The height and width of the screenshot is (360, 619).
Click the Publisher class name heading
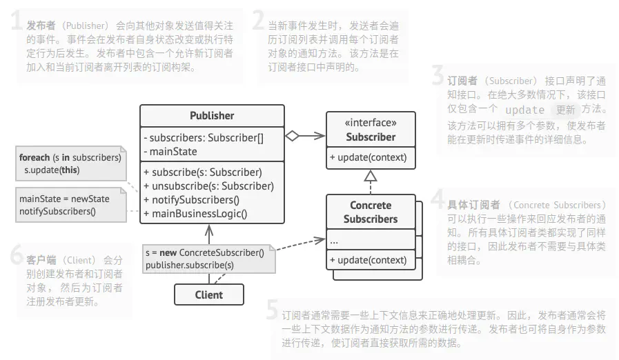pos(212,116)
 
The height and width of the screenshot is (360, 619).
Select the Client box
pos(208,294)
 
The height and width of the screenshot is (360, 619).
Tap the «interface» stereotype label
pos(371,123)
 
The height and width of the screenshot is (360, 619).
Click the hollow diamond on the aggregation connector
pos(293,136)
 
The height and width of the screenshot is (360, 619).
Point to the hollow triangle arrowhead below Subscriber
pos(371,176)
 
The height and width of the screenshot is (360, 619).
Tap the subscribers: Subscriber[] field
pos(204,137)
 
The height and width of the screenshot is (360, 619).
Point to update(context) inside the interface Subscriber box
pos(368,157)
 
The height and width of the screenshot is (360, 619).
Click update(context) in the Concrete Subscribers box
pos(368,260)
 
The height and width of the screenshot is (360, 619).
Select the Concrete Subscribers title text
pos(371,212)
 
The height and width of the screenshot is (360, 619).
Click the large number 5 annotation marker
pos(273,310)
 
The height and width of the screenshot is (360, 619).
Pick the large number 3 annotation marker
pos(438,74)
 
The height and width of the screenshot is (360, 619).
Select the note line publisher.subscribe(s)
pos(189,265)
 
